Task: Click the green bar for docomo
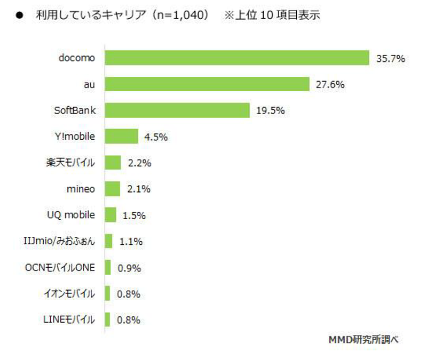coord(236,58)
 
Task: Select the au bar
coord(207,84)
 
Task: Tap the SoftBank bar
coord(177,110)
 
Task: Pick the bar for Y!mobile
coord(121,137)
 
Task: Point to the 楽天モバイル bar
coord(113,163)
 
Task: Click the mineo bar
coord(112,189)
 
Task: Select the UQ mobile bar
coord(110,215)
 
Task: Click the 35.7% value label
coord(391,59)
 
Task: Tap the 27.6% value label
coord(331,85)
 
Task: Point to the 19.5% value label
coord(271,111)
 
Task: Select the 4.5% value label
coord(156,137)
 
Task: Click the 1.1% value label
coord(130,242)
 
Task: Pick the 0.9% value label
coord(129,268)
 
